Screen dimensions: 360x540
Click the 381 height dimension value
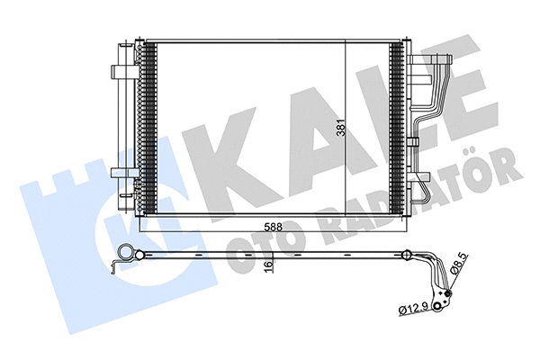[x=341, y=130]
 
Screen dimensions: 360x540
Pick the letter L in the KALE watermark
[x=397, y=108]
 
